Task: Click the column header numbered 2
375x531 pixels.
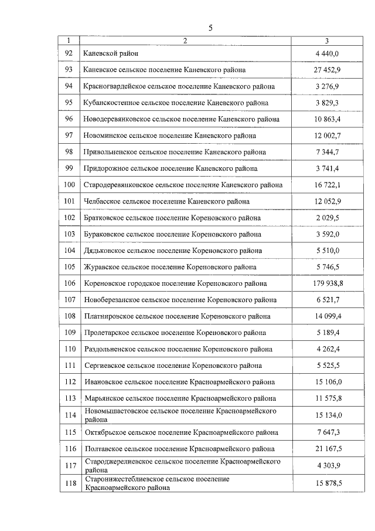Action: click(185, 40)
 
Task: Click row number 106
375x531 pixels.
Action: click(70, 283)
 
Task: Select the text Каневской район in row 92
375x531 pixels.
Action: click(111, 53)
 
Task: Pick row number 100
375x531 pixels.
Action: click(70, 185)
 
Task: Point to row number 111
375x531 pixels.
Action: click(70, 366)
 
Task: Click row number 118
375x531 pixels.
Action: click(70, 483)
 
